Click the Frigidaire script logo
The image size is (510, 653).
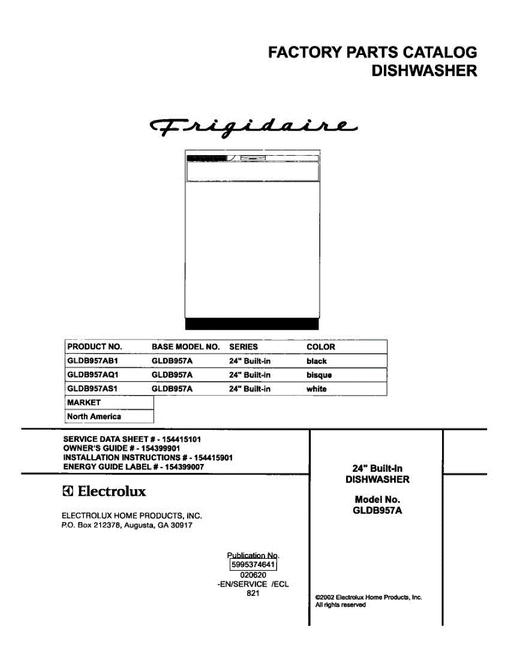coord(253,127)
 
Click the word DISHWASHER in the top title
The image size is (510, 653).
coord(424,71)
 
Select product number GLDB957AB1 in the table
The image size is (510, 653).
coord(93,361)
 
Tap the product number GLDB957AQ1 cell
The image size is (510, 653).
coord(93,375)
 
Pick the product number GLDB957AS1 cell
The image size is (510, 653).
coord(93,389)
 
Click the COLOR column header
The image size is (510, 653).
coord(321,347)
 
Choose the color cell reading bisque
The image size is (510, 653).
coord(319,375)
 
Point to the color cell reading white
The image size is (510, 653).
coord(316,389)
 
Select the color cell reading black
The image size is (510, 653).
coord(317,361)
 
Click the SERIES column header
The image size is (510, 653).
coord(243,347)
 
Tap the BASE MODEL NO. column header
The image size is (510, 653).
coord(185,347)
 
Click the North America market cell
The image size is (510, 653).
coord(94,416)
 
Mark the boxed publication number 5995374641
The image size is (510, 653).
coord(254,565)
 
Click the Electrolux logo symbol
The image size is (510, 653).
coord(67,492)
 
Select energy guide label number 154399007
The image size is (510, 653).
coord(185,466)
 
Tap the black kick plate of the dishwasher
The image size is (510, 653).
coord(251,324)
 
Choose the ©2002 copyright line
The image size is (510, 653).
coord(368,597)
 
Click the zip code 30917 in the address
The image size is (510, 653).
coord(181,526)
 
